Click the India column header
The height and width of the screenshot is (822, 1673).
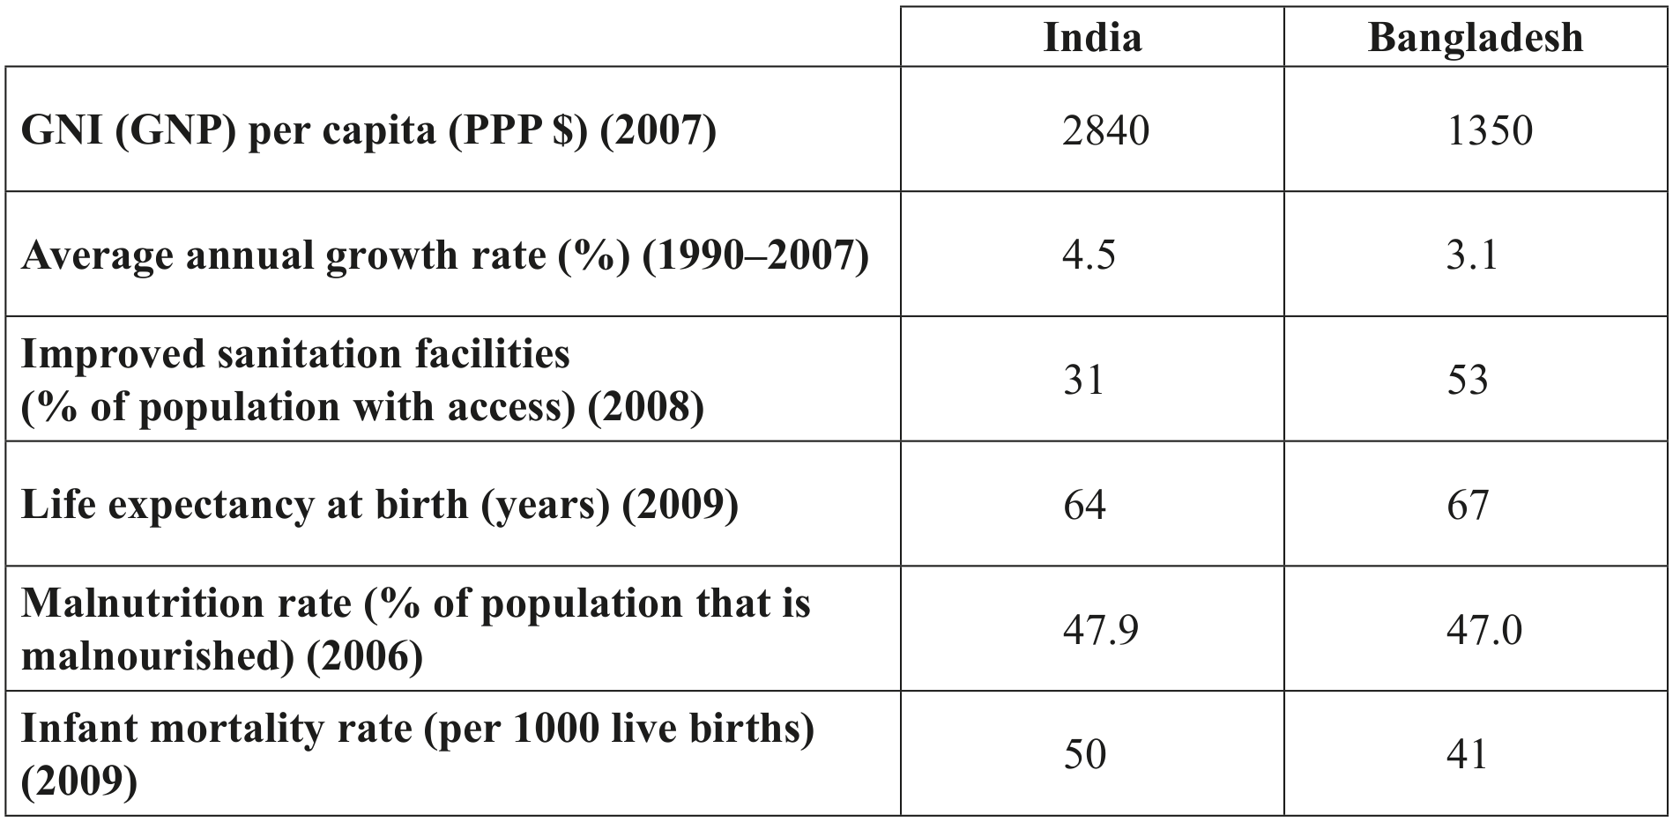pyautogui.click(x=1092, y=37)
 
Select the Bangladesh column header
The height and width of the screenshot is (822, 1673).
pyautogui.click(x=1476, y=37)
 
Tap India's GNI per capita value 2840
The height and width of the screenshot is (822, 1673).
pyautogui.click(x=1105, y=130)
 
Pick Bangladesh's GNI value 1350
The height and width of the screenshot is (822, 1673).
pyautogui.click(x=1490, y=130)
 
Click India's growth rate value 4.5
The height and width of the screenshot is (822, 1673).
pyautogui.click(x=1089, y=255)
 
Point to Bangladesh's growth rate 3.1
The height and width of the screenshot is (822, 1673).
pyautogui.click(x=1472, y=255)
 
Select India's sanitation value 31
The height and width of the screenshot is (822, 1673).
pyautogui.click(x=1082, y=380)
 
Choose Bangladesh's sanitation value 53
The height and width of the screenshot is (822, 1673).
pyautogui.click(x=1468, y=380)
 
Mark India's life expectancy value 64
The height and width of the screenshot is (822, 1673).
pyautogui.click(x=1083, y=505)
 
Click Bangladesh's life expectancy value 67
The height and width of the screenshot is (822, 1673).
pyautogui.click(x=1468, y=505)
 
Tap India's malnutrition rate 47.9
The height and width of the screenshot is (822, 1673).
pyautogui.click(x=1100, y=630)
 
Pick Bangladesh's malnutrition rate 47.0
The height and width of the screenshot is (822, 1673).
pyautogui.click(x=1484, y=630)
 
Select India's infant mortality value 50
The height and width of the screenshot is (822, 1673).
pyautogui.click(x=1084, y=755)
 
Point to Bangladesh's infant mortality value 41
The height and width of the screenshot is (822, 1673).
pyautogui.click(x=1467, y=755)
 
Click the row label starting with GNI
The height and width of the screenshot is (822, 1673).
pyautogui.click(x=368, y=131)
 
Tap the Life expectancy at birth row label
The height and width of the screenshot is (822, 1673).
pyautogui.click(x=379, y=505)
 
